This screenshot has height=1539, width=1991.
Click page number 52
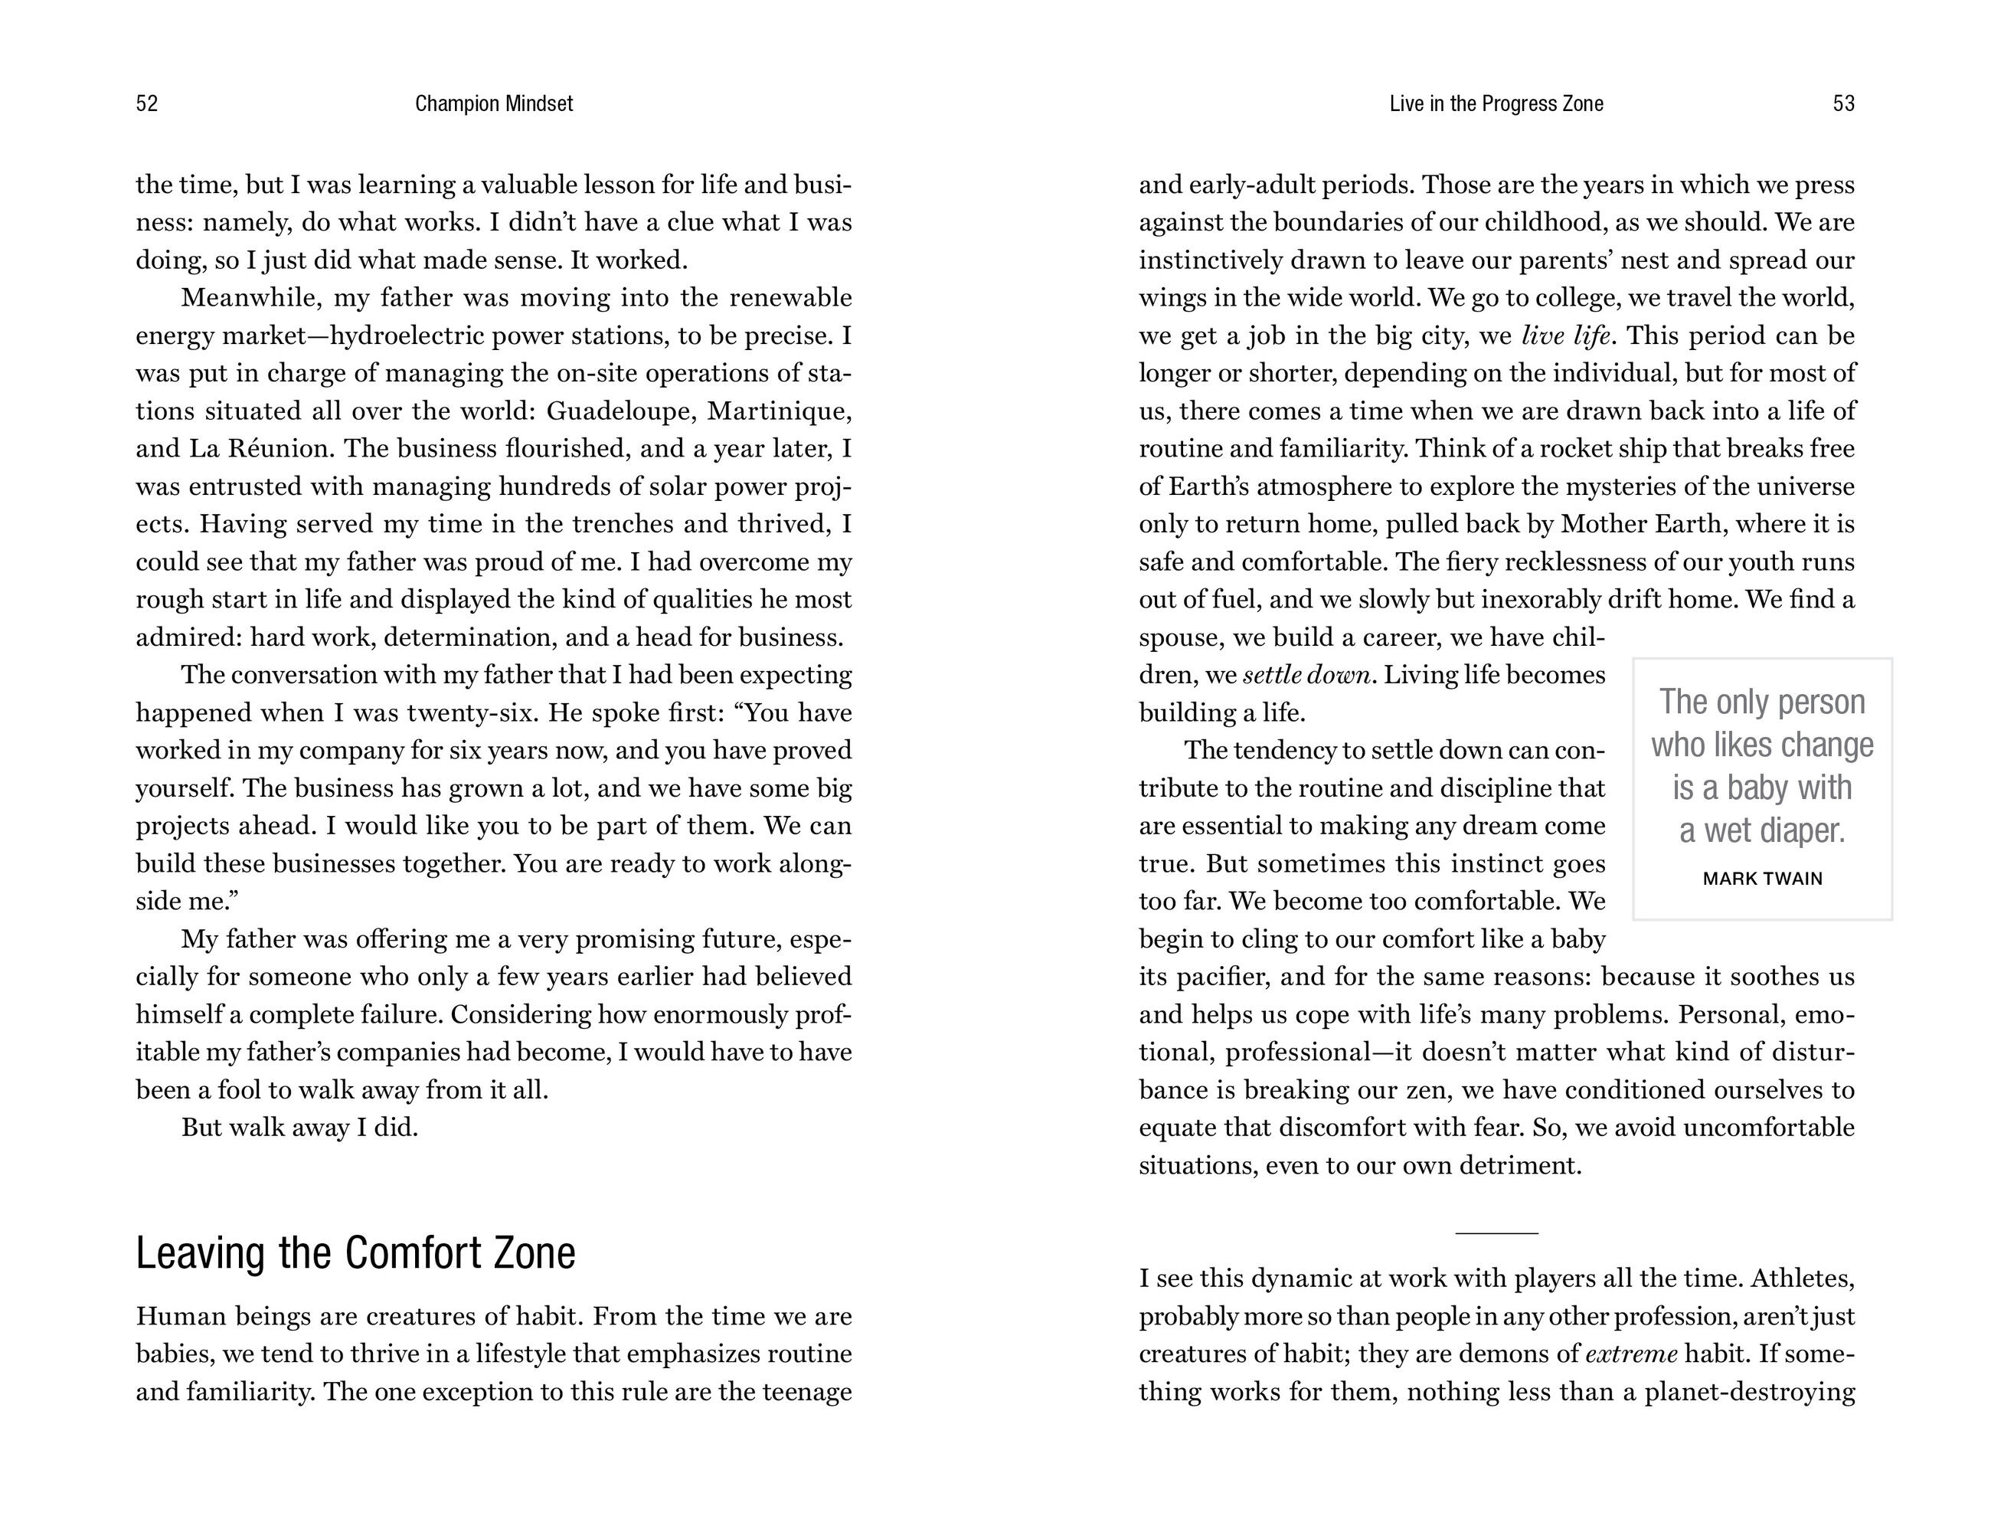click(x=147, y=104)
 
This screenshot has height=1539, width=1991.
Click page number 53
click(x=1843, y=104)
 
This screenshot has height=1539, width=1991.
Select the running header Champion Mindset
click(x=494, y=104)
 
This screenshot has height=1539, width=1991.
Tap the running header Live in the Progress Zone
click(x=1496, y=104)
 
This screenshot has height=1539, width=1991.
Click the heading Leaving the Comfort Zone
click(x=355, y=1252)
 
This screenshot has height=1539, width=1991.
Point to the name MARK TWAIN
click(x=1762, y=879)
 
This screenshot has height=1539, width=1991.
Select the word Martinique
click(x=780, y=411)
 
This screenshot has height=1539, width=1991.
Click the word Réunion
click(x=283, y=449)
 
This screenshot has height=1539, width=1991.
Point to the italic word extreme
click(x=1632, y=1354)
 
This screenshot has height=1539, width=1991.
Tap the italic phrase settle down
click(x=1307, y=676)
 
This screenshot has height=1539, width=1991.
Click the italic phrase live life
click(x=1566, y=336)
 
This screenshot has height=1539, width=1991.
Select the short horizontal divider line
click(x=1496, y=1233)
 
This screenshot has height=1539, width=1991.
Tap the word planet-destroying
click(x=1750, y=1392)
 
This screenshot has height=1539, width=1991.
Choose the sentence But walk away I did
click(x=300, y=1128)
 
